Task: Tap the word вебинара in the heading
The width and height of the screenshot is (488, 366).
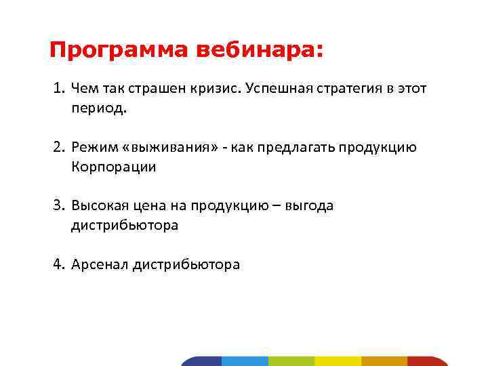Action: point(259,50)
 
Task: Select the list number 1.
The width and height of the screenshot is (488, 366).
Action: point(59,89)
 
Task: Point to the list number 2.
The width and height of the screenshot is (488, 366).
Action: point(59,148)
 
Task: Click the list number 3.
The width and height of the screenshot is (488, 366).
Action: point(59,206)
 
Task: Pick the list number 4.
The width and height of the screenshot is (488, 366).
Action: point(59,264)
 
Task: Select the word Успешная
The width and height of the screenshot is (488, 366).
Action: point(277,89)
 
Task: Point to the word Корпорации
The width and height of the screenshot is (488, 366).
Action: point(113,167)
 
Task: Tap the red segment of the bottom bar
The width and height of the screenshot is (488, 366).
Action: point(427,361)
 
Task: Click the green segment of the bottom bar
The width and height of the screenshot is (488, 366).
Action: point(291,361)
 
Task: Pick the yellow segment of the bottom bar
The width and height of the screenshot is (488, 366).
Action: point(338,361)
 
